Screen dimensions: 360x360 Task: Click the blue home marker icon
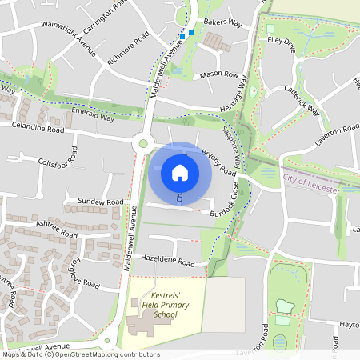(180, 172)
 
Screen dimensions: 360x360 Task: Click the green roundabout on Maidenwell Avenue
(144, 144)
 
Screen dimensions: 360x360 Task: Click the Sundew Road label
(101, 202)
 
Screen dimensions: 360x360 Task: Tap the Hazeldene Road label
(166, 262)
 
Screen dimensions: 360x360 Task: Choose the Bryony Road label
(218, 162)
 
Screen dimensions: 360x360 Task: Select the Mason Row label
(219, 74)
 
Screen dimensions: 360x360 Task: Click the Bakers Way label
(222, 24)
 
